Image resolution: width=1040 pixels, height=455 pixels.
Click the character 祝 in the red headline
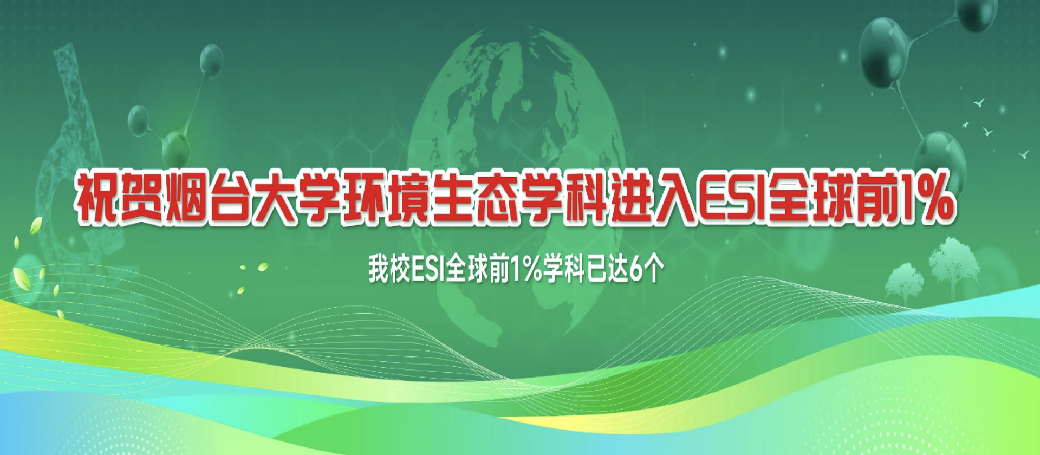point(96,198)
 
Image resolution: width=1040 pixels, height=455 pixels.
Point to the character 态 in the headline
point(495,198)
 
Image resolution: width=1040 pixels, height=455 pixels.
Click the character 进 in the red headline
point(629,198)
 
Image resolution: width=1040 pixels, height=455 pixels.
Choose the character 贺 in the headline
point(141,198)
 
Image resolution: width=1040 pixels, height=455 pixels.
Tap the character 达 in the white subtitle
point(618,269)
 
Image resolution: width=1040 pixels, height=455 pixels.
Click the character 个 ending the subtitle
point(654,269)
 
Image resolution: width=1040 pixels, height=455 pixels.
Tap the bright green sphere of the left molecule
point(175,147)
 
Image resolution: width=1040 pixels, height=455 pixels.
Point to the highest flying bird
point(979,102)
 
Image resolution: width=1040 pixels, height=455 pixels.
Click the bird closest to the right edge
point(1024,154)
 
